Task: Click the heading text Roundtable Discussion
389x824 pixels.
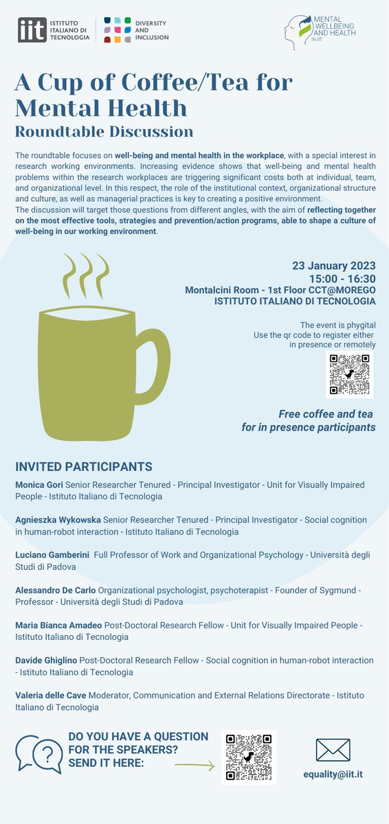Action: coord(104,130)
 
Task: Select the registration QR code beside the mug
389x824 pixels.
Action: coord(349,374)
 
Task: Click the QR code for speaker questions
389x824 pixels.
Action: coord(249,757)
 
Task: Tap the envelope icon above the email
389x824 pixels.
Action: coord(333,750)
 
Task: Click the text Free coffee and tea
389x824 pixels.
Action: coord(327,414)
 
